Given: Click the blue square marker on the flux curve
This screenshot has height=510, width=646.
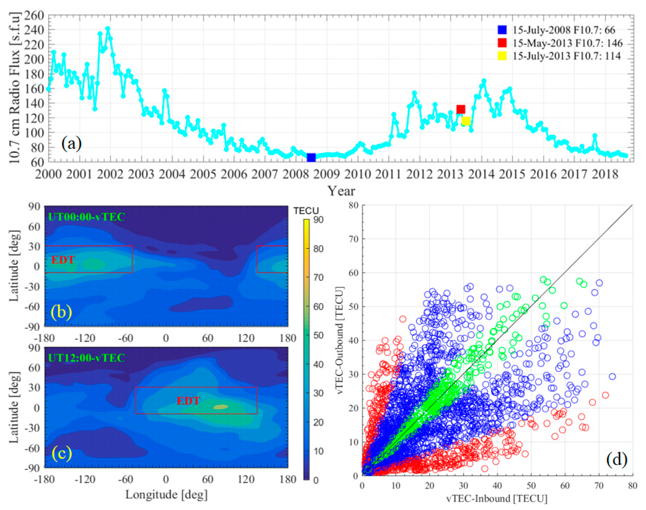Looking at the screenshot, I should point(311,157).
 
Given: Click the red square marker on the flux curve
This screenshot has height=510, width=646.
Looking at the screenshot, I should point(461,109).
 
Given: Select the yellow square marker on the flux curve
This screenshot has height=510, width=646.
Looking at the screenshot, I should point(466,121).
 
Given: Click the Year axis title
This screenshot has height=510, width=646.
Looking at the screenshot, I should point(341,191).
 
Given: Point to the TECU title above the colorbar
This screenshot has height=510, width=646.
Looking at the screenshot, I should point(306,211).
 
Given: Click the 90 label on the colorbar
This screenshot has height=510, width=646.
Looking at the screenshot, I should point(318,220).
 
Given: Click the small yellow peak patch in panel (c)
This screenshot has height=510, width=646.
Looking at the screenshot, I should point(221,407).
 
